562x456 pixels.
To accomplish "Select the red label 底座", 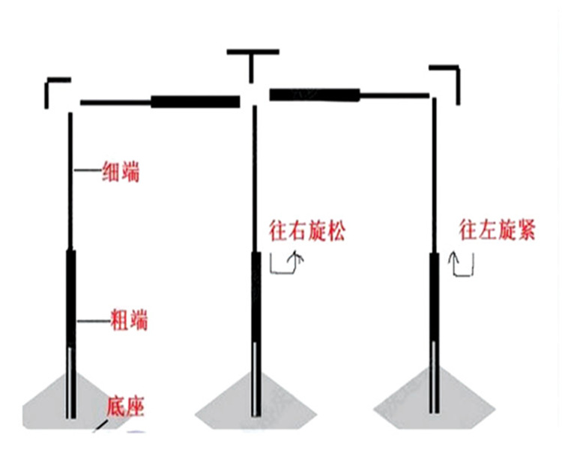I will tap(124, 407).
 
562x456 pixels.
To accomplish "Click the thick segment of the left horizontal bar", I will tap(194, 101).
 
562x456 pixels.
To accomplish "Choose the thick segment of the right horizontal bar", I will tap(314, 94).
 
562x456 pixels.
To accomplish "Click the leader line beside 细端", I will tap(86, 172).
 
